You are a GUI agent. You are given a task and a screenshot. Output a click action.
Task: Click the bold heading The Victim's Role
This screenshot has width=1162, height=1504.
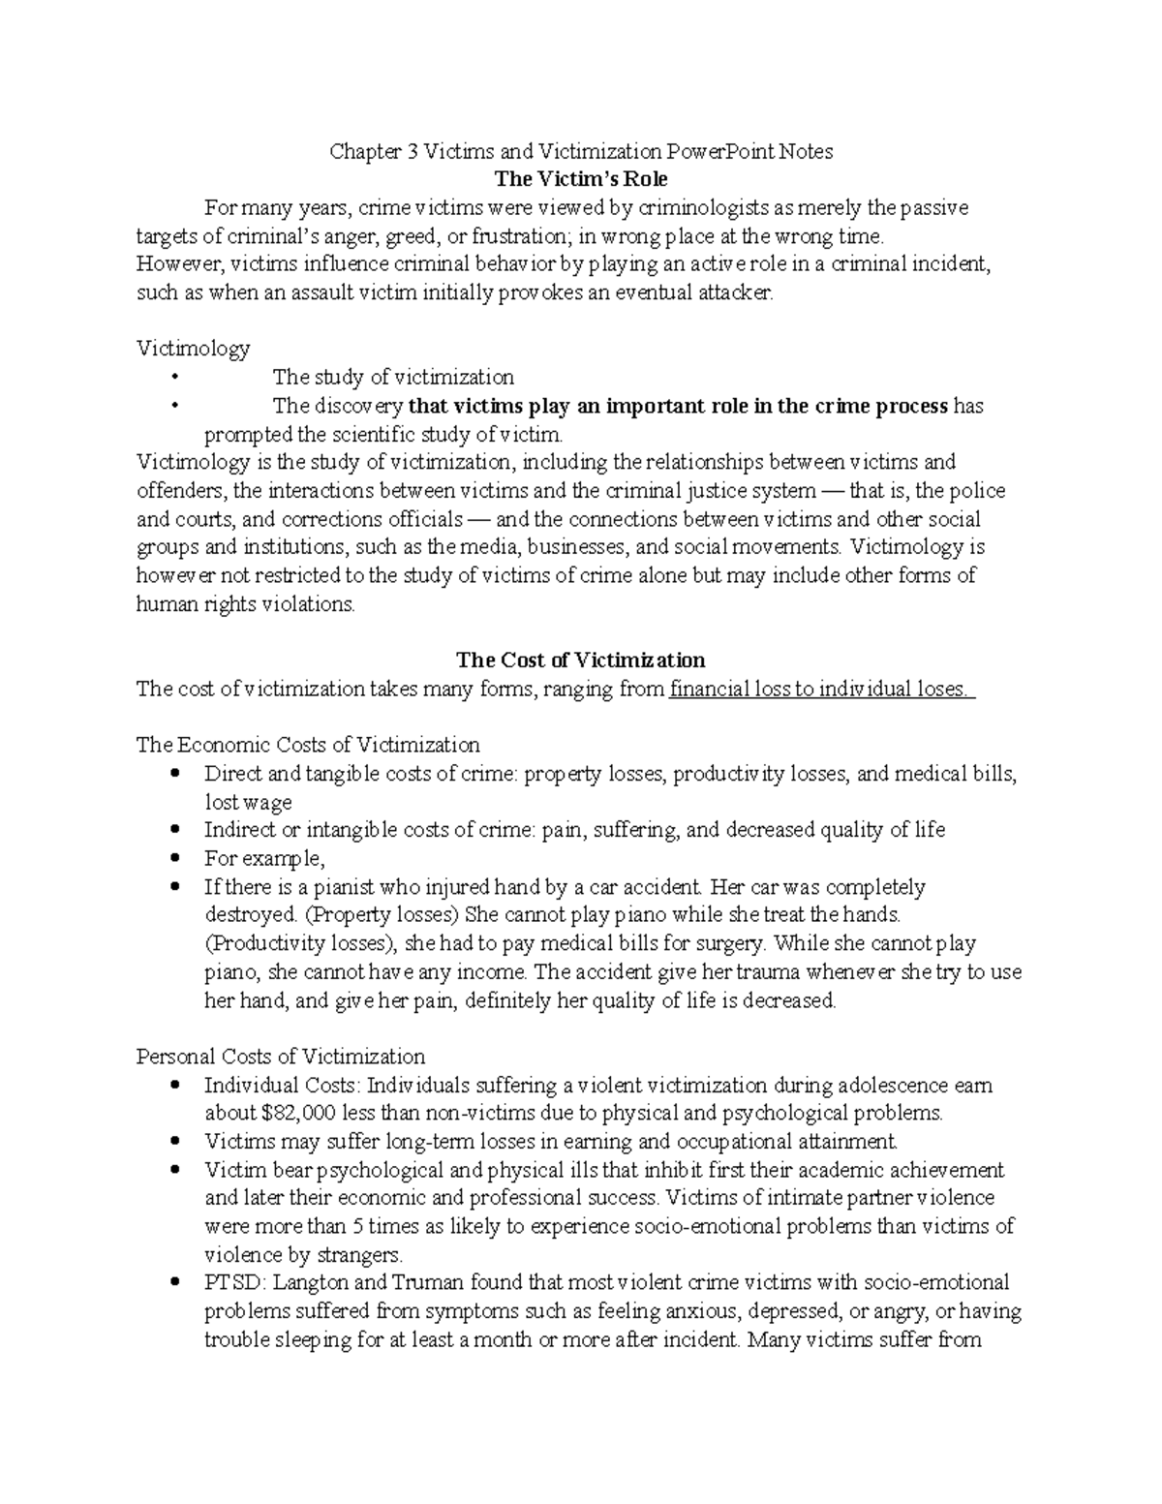581,179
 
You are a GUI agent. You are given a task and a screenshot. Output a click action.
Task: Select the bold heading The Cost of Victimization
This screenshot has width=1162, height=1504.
581,660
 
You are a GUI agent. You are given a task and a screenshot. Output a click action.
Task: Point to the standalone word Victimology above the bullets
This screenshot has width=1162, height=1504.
194,348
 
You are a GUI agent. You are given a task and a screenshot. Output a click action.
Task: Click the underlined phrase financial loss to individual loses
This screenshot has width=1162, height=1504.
821,690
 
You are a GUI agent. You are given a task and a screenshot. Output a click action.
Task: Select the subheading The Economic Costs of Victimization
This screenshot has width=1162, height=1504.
308,745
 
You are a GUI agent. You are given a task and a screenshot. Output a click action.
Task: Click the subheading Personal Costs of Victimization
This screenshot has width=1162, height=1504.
281,1057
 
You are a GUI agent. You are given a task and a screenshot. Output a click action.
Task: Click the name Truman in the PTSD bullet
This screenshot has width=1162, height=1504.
426,1283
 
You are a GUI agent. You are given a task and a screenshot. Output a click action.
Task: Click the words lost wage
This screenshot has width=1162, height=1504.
248,802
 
